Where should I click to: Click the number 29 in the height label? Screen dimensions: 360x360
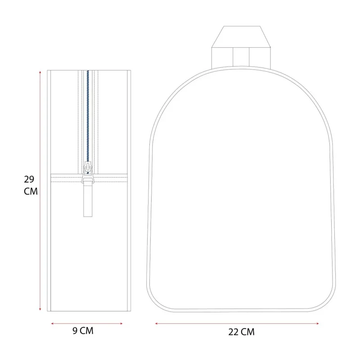(29, 179)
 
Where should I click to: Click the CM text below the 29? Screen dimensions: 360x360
(31, 191)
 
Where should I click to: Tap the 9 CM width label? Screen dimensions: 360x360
(83, 331)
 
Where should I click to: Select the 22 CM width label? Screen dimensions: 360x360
(241, 332)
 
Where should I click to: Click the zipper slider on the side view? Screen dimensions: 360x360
(88, 172)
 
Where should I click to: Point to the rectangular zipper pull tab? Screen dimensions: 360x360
(88, 200)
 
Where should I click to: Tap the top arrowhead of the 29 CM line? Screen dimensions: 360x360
(40, 72)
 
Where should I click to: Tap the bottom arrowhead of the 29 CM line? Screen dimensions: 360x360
(40, 309)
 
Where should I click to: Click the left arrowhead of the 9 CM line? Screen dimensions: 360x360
(52, 324)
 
